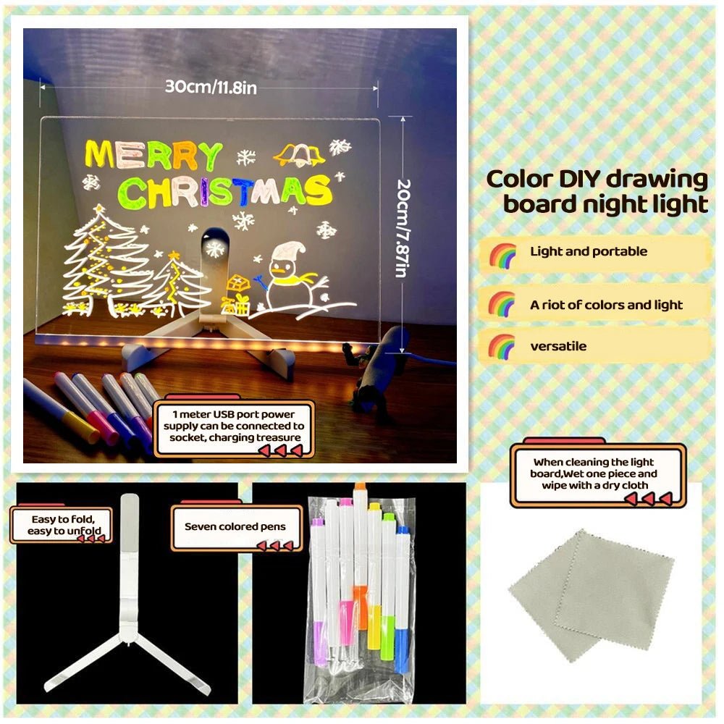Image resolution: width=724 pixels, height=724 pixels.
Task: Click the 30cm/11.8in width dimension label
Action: click(x=211, y=87)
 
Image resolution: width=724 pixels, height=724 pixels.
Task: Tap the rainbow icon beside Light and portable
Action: click(x=502, y=254)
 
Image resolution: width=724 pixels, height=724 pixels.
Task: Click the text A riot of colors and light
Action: click(x=606, y=305)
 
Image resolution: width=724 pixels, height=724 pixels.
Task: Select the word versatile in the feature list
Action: click(x=558, y=346)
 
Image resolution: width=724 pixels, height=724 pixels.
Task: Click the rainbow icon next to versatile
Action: click(x=502, y=346)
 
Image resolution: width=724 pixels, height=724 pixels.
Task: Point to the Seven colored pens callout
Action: click(x=236, y=527)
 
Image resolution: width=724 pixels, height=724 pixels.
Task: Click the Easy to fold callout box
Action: click(x=62, y=525)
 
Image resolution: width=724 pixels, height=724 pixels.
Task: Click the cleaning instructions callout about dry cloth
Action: click(x=597, y=473)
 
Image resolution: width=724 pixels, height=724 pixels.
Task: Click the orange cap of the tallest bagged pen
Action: click(x=360, y=488)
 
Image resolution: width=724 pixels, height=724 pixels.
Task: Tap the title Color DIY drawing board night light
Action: click(x=597, y=191)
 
